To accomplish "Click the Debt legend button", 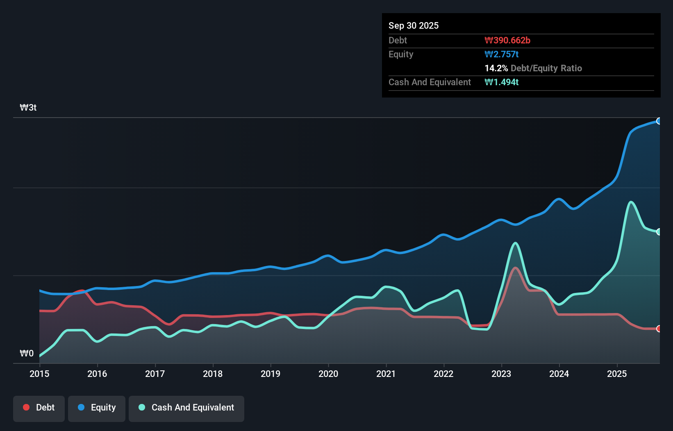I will coord(39,408).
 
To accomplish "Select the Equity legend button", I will coord(97,408).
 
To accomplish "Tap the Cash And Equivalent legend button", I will coord(186,408).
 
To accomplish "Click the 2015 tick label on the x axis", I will coord(39,374).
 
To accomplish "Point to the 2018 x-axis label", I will coord(213,374).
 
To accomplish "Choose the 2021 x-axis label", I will coord(386,374).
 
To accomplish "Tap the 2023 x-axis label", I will coord(501,374).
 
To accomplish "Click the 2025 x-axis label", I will coord(617,374).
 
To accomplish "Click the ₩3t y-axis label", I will coord(28,108).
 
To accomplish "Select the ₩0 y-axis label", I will coord(27,353).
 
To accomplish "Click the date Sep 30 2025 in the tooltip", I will coord(414,25).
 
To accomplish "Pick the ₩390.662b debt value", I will coord(507,40).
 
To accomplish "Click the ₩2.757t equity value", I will coord(502,54).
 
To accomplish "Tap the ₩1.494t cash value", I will coord(502,82).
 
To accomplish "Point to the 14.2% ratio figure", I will coord(496,68).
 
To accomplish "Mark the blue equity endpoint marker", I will coord(659,121).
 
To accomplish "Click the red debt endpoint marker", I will coord(659,329).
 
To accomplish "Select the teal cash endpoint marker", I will coord(659,232).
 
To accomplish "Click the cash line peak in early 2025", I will coord(631,202).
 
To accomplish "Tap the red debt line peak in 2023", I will coord(515,268).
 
